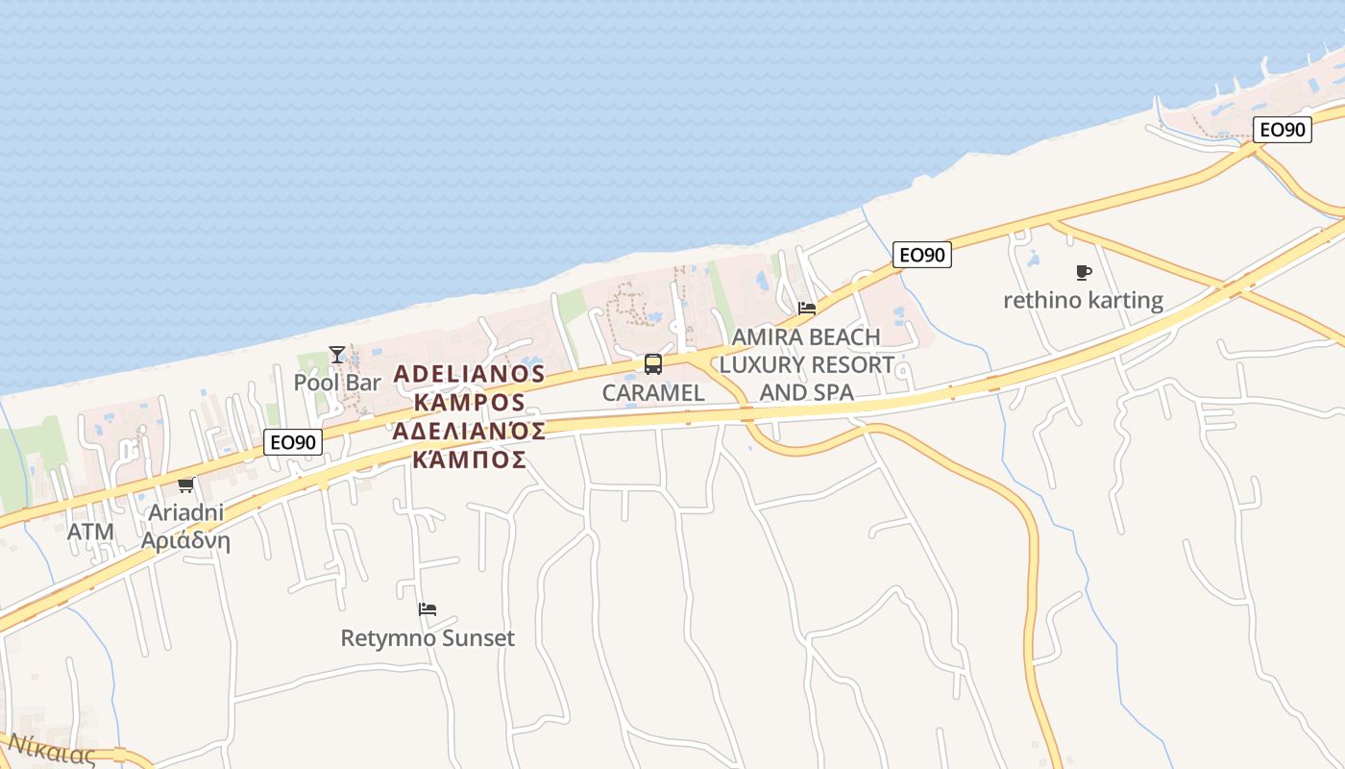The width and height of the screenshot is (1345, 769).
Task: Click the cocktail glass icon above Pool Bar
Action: coord(336,355)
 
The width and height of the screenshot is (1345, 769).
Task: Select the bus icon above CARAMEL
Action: coord(653,364)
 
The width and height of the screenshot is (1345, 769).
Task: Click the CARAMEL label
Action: coord(653,392)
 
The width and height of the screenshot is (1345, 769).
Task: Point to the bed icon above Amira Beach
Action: coord(807,309)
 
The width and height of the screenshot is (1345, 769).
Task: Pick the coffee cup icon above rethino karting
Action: coord(1084,273)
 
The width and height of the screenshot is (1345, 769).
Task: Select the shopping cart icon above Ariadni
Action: coord(185,484)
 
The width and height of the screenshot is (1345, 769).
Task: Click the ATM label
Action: coord(90,532)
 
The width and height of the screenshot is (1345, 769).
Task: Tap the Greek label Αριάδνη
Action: coord(185,540)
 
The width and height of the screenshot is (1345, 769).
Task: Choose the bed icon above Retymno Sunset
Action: coord(428,609)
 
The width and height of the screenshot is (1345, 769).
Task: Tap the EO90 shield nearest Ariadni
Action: coord(293,442)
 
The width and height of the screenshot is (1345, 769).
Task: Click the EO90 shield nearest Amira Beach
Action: coord(921,255)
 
